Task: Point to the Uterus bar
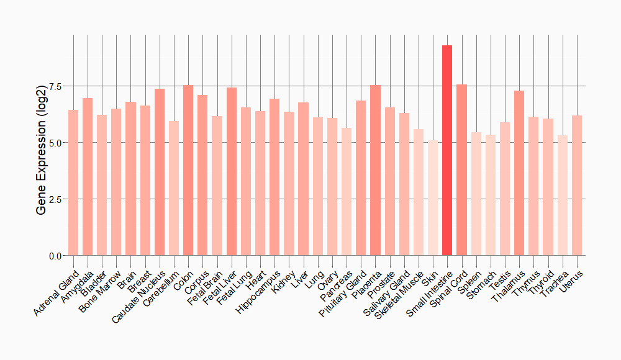(577, 186)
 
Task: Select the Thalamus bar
(519, 173)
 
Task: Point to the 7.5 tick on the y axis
(55, 86)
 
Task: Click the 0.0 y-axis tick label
(55, 256)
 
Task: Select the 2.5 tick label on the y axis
(55, 199)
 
